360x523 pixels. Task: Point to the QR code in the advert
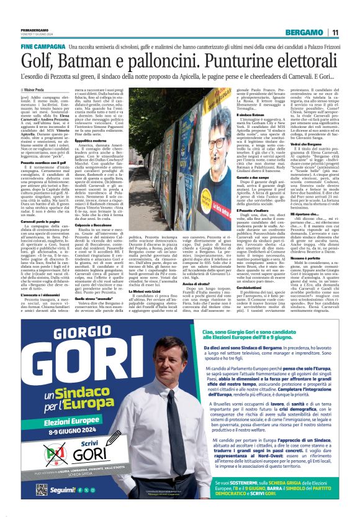pyautogui.click(x=41, y=489)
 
